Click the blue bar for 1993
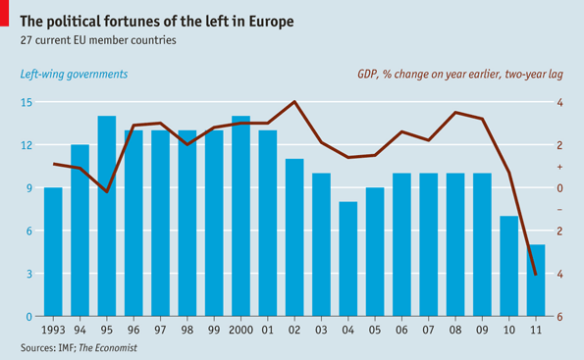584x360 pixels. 53,252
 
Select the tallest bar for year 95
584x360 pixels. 107,216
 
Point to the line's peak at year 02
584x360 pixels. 294,102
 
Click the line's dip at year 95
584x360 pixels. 107,191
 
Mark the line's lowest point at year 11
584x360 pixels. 535,275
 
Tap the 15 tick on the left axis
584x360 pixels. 27,102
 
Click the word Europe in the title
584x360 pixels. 265,20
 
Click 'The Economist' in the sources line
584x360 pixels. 107,348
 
